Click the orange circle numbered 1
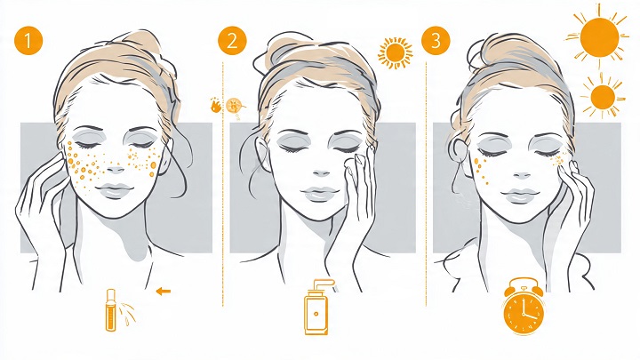[x=28, y=41]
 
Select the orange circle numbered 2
[x=232, y=41]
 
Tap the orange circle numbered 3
[x=436, y=41]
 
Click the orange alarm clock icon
[x=524, y=306]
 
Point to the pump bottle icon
[x=316, y=308]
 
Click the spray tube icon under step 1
[x=110, y=310]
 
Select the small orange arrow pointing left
[x=164, y=291]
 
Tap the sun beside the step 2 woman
[x=395, y=52]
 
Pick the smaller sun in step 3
[x=603, y=97]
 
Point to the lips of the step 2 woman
[x=321, y=193]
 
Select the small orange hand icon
[x=216, y=105]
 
